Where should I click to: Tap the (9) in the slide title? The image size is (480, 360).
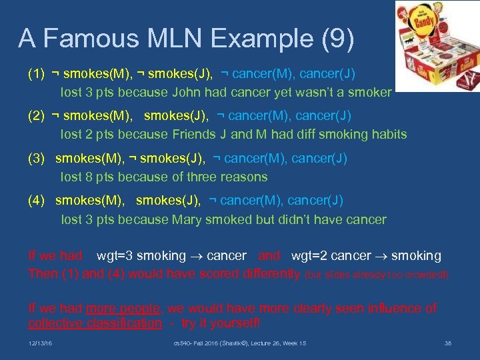pos(335,40)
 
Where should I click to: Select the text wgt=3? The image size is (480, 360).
pos(113,256)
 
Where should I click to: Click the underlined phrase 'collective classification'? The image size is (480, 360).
pos(94,323)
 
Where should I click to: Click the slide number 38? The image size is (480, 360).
pos(448,343)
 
